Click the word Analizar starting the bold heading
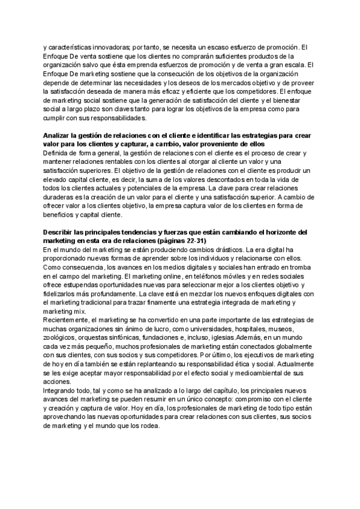click(x=59, y=136)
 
